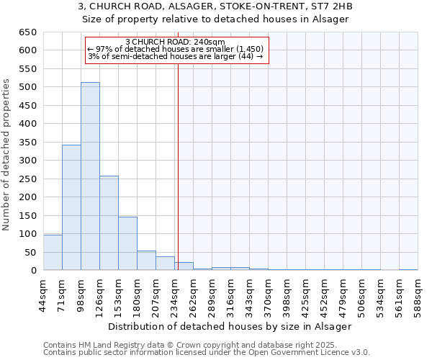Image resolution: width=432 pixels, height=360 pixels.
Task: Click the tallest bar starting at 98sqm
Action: [90, 176]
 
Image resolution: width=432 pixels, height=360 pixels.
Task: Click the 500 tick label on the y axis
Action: [27, 87]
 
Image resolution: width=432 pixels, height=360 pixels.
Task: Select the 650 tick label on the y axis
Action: [27, 32]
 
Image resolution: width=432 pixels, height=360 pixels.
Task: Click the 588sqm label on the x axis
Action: [418, 294]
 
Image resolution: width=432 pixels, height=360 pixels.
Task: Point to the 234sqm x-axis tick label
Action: [175, 294]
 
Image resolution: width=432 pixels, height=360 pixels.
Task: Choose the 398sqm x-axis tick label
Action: [287, 294]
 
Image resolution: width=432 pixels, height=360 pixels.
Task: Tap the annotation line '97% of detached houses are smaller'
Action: [176, 49]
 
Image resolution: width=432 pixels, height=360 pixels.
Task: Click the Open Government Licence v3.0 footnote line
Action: [207, 352]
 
